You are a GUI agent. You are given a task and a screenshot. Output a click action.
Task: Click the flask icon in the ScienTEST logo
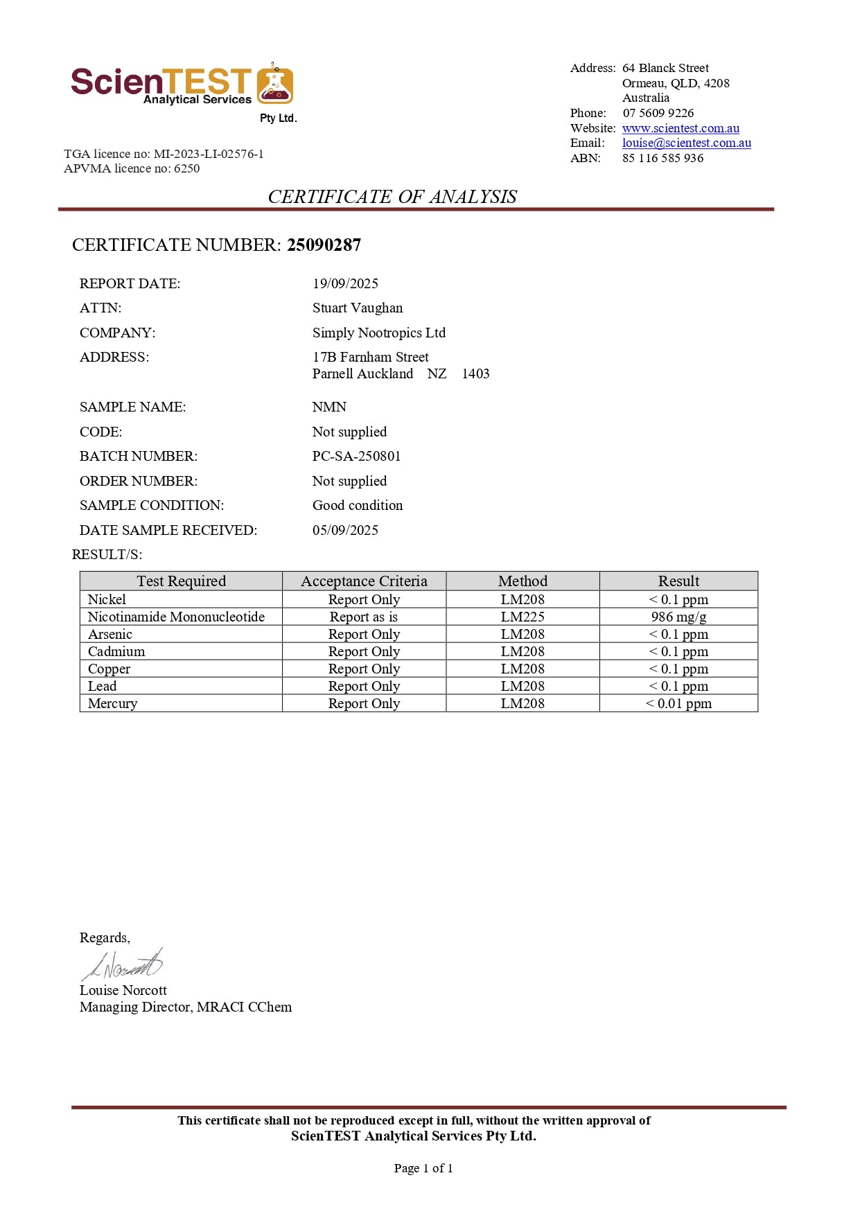(x=275, y=85)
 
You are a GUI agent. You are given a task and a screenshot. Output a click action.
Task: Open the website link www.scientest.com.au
(x=680, y=128)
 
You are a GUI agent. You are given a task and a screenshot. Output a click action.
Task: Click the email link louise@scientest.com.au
(x=686, y=143)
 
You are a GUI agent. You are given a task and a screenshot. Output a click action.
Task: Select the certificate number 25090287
(x=324, y=245)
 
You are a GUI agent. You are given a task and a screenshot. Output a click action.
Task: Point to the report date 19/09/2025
(x=345, y=283)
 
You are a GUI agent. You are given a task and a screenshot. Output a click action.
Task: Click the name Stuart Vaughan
(x=357, y=308)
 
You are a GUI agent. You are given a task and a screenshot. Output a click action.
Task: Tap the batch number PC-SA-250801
(x=356, y=456)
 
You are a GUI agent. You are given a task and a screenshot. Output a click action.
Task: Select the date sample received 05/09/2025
(x=345, y=530)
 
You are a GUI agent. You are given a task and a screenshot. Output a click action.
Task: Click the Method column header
(x=523, y=581)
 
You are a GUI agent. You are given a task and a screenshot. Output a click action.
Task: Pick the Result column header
(x=678, y=581)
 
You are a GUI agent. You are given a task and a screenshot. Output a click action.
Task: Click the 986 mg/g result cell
(x=678, y=617)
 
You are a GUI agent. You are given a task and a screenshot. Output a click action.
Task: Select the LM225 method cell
(x=523, y=617)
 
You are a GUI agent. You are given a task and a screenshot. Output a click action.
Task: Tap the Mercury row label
(x=112, y=703)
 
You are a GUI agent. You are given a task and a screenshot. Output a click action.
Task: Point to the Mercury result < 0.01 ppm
(x=678, y=703)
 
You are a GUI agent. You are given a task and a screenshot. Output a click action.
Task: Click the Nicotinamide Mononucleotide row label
(x=176, y=617)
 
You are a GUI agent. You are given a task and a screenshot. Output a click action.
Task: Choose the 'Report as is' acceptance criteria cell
(x=364, y=617)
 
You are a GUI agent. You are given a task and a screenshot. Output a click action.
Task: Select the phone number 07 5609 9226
(x=658, y=113)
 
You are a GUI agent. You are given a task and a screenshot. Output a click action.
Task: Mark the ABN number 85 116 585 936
(x=662, y=158)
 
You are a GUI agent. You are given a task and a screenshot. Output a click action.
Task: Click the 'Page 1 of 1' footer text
(x=423, y=1168)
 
